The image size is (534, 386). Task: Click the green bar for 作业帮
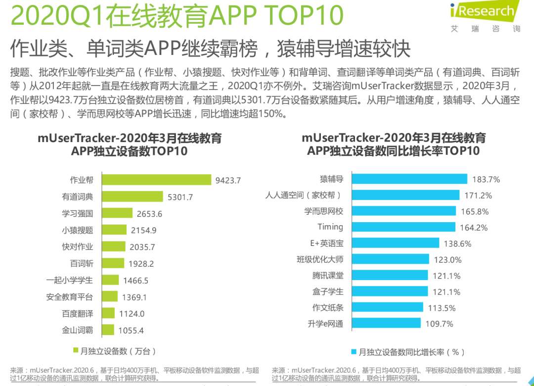click(x=156, y=180)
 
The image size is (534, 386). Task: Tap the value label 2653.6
click(x=149, y=214)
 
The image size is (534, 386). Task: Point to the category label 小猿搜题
click(x=77, y=230)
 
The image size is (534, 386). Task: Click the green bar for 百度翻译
click(x=108, y=313)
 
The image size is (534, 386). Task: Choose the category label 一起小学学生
click(x=70, y=280)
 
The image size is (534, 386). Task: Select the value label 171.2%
click(x=478, y=195)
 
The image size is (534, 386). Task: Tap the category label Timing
click(x=330, y=227)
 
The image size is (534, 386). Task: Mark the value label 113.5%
click(x=442, y=308)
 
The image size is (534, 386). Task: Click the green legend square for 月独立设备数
click(x=76, y=351)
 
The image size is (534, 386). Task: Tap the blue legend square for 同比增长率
click(x=354, y=352)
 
